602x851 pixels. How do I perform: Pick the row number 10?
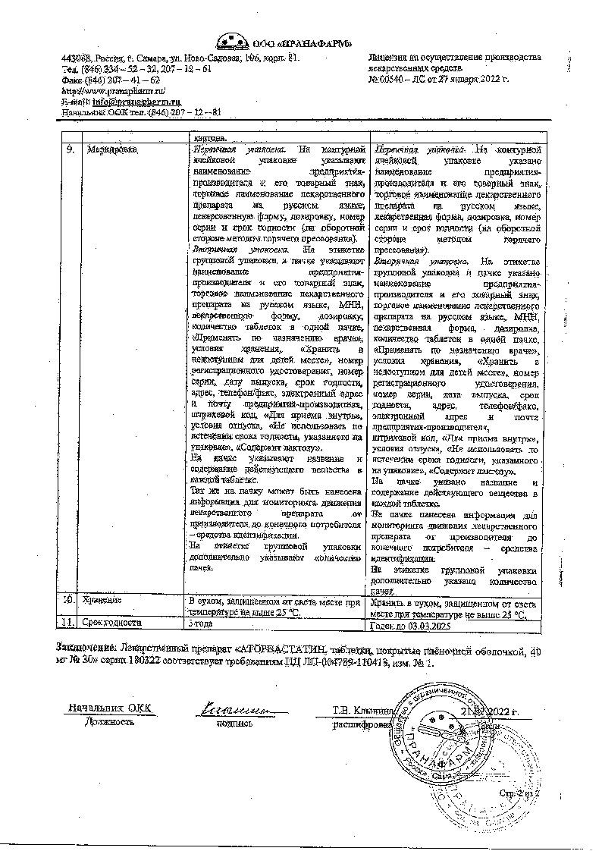pyautogui.click(x=68, y=600)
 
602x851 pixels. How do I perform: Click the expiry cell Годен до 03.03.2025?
pyautogui.click(x=414, y=626)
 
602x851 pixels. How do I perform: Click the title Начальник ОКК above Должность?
pyautogui.click(x=110, y=708)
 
